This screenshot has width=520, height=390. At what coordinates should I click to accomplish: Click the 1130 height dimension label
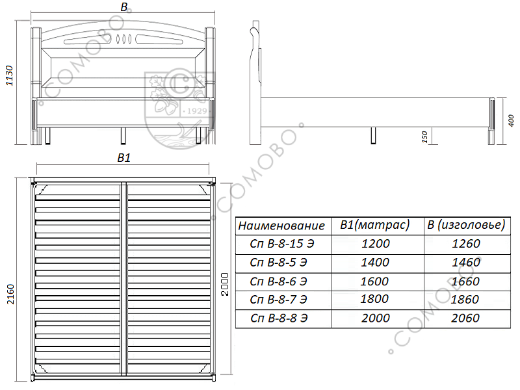tap(9, 75)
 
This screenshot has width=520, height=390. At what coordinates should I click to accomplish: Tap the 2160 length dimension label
tap(10, 294)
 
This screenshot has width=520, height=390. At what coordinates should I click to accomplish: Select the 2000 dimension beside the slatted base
tap(225, 284)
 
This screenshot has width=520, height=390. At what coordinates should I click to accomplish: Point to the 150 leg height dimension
tap(425, 136)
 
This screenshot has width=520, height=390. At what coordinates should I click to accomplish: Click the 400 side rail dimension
tap(511, 120)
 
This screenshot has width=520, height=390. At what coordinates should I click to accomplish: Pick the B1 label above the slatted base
tap(124, 158)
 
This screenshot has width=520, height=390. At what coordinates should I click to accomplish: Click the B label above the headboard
tap(124, 7)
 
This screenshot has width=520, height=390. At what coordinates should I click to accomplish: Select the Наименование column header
tap(281, 226)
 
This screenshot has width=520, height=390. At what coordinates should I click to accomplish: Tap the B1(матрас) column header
tap(375, 225)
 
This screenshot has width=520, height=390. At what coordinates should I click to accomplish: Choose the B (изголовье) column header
tap(466, 225)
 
